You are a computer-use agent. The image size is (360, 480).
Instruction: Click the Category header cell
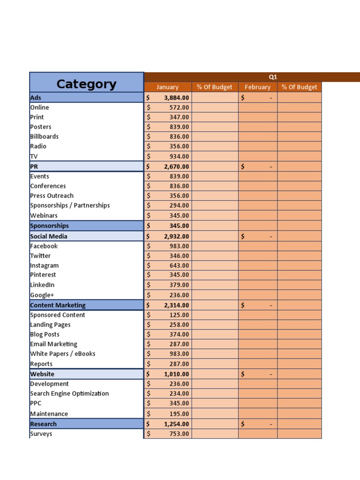[x=86, y=84]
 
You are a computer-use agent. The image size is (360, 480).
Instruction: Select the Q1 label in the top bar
[x=273, y=77]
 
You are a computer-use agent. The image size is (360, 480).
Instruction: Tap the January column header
[x=167, y=87]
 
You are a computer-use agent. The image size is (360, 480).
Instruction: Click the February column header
[x=257, y=87]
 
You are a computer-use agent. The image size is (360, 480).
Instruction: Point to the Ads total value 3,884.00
[x=176, y=98]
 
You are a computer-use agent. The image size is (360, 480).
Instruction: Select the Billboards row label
[x=45, y=136]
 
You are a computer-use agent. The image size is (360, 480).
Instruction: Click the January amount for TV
[x=179, y=157]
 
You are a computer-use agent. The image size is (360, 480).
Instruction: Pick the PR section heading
[x=34, y=166]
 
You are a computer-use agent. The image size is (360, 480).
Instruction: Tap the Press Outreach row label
[x=52, y=195]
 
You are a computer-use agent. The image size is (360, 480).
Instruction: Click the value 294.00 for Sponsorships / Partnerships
[x=179, y=205]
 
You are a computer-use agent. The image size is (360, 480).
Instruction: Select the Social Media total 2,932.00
[x=176, y=237]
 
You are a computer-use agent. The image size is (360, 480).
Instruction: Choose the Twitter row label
[x=40, y=256]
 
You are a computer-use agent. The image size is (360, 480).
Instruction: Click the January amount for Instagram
[x=179, y=266]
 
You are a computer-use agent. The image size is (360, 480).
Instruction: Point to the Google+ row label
[x=42, y=295]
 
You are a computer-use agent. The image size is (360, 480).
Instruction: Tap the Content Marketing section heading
[x=58, y=305]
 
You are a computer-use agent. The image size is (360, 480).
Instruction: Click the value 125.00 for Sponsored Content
[x=179, y=315]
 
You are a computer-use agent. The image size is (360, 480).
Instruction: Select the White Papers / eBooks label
[x=62, y=354]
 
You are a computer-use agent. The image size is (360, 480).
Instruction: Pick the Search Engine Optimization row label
[x=69, y=394]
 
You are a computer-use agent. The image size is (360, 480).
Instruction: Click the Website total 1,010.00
[x=176, y=374]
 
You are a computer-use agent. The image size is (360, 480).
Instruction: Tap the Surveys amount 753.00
[x=179, y=434]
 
